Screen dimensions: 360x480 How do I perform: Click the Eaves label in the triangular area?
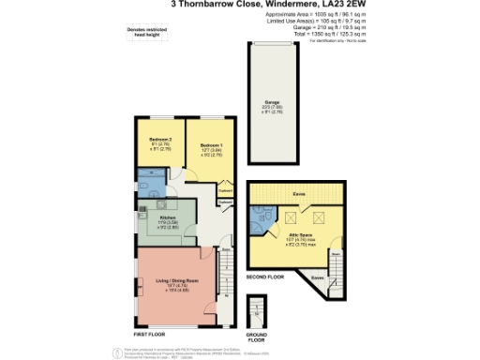316,277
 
